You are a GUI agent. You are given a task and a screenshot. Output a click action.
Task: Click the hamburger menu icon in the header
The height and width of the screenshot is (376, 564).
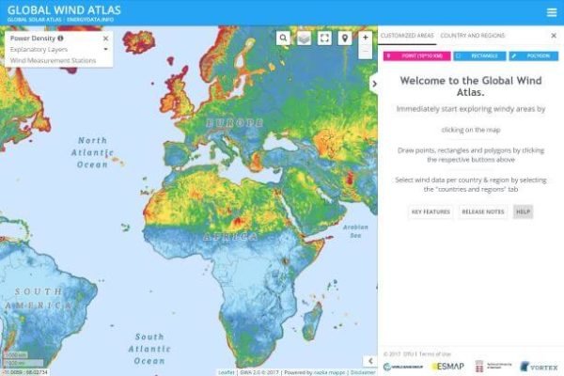(x=551, y=12)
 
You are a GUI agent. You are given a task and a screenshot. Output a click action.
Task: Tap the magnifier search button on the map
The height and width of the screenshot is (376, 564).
(x=283, y=38)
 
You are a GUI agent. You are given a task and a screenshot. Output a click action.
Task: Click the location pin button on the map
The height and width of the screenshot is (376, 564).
(x=345, y=38)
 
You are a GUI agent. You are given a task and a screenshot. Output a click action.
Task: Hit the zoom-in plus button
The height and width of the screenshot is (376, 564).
(x=366, y=38)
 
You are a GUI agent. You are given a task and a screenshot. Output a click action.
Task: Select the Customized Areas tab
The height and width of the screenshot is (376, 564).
(x=407, y=35)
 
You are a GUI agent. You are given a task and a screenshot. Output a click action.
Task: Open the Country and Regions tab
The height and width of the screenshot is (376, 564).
(x=472, y=35)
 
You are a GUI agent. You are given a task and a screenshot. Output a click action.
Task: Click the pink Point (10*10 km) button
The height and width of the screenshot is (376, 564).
(x=412, y=56)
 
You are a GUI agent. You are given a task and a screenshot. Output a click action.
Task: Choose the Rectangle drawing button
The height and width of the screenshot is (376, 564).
(x=478, y=56)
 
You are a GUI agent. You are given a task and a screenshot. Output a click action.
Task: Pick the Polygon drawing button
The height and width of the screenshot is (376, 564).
(x=534, y=56)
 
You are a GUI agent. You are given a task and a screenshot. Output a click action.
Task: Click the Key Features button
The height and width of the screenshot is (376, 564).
(x=431, y=211)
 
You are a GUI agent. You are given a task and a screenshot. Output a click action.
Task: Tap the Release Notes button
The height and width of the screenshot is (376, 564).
(x=482, y=211)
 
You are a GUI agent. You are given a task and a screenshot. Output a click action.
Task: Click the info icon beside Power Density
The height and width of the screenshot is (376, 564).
(x=61, y=39)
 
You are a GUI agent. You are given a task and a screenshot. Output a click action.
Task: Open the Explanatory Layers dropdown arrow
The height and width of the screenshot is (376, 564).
(x=105, y=49)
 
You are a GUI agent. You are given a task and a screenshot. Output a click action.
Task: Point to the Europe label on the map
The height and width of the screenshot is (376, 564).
(x=228, y=123)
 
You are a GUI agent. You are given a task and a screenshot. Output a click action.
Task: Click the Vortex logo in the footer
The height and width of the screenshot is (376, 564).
(x=539, y=366)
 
